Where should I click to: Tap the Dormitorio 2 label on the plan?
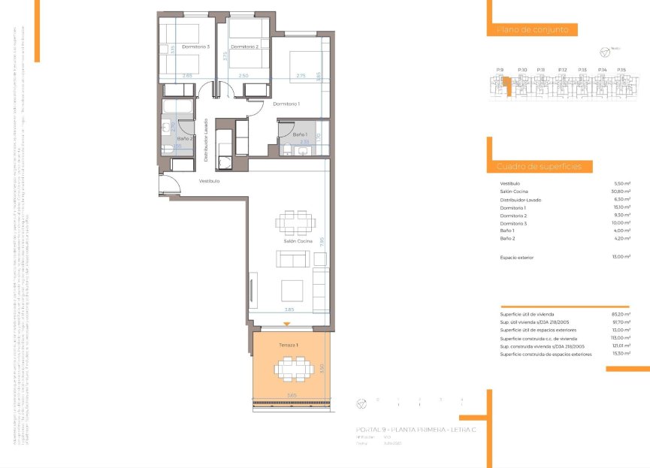(x=245, y=47)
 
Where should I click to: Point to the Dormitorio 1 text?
(x=286, y=104)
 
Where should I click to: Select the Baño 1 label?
(x=300, y=134)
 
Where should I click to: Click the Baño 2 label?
(x=185, y=138)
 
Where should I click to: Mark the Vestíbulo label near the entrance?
(x=209, y=181)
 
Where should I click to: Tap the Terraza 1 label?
(x=289, y=344)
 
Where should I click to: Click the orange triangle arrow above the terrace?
(x=286, y=323)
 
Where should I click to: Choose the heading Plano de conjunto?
(x=537, y=30)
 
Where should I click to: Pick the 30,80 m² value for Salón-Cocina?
(x=621, y=192)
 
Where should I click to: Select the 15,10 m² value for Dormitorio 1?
(x=621, y=207)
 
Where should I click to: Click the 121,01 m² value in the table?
(x=621, y=346)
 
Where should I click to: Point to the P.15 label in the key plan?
(x=621, y=70)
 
